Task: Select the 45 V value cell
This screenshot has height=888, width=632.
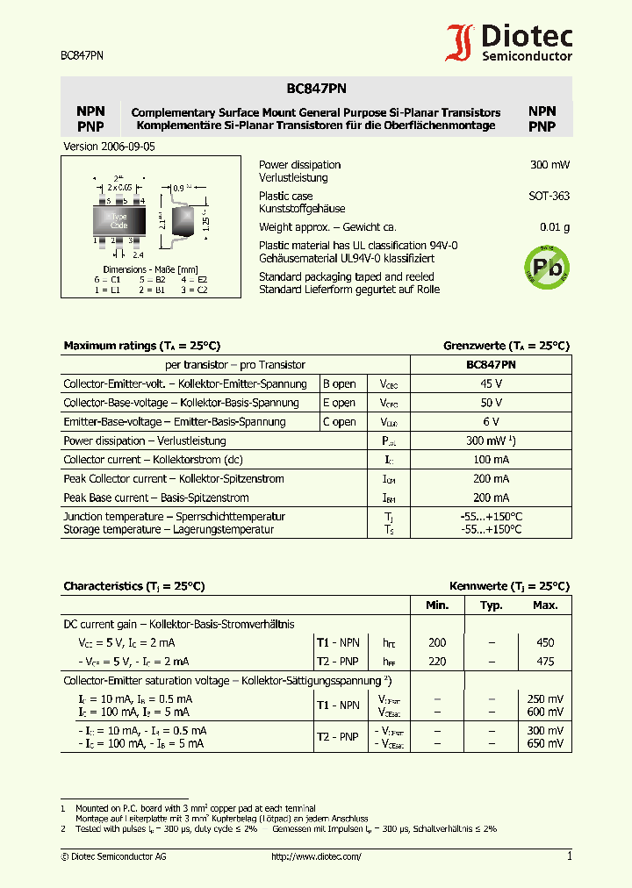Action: click(491, 383)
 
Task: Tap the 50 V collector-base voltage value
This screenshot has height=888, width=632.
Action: click(491, 403)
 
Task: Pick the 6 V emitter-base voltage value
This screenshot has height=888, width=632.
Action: click(491, 422)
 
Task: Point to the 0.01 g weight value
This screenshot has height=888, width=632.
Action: click(554, 227)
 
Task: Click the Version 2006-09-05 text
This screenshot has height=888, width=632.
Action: click(110, 147)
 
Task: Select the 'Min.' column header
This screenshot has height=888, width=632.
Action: click(437, 605)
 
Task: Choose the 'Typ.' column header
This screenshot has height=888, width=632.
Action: click(491, 605)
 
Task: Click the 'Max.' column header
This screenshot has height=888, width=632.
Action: click(545, 605)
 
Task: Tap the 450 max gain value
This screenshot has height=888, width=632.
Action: click(545, 642)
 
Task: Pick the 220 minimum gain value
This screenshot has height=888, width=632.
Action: click(437, 662)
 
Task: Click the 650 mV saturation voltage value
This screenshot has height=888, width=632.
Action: click(545, 743)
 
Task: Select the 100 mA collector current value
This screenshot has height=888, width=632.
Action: click(491, 460)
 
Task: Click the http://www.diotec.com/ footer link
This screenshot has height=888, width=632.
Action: click(316, 856)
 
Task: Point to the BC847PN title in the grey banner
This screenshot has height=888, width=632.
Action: click(316, 88)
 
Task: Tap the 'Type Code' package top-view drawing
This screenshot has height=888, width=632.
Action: click(119, 220)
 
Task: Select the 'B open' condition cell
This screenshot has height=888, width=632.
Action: click(340, 383)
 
